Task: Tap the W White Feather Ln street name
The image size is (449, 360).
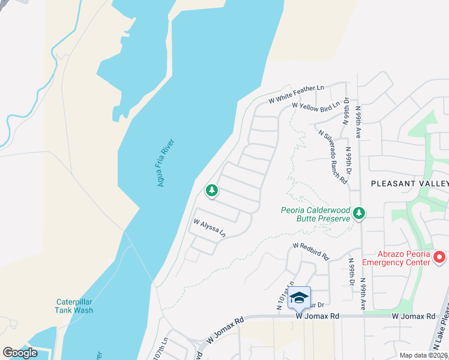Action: [x=296, y=88]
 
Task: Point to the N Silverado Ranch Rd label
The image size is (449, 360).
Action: [x=333, y=156]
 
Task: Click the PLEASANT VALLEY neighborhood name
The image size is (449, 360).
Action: [x=409, y=183]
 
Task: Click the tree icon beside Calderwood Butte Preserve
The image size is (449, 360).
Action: [x=359, y=213]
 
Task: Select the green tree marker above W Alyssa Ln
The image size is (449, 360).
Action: [x=211, y=191]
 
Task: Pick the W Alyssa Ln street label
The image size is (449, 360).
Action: [x=209, y=227]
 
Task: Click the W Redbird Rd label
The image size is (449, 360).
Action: [x=311, y=251]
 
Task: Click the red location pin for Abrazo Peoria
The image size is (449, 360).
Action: [x=439, y=257]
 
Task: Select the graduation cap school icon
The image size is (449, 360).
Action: [x=299, y=297]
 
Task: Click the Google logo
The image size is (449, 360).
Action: [x=20, y=353]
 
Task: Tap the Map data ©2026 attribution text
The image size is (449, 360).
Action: [x=423, y=355]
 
